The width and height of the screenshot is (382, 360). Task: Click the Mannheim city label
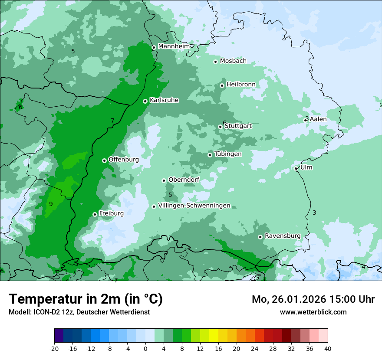click(174, 46)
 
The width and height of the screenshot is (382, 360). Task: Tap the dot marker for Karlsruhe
click(145, 101)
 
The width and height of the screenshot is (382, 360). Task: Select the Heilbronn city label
click(241, 84)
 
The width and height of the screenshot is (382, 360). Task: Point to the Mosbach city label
click(233, 61)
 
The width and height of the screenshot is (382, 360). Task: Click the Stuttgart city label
click(238, 126)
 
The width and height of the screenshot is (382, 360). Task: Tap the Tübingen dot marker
click(210, 155)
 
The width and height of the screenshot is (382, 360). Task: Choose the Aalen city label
click(318, 119)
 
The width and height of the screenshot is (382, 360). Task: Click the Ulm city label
click(306, 167)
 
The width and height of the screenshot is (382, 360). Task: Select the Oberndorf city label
click(184, 180)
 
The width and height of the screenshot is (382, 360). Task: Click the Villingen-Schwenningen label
click(194, 206)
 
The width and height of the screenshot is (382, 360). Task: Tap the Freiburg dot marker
click(95, 214)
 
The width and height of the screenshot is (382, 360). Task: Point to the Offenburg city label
click(124, 160)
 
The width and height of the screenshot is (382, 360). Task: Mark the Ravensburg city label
click(283, 236)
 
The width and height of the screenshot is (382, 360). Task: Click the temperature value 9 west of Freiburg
click(51, 204)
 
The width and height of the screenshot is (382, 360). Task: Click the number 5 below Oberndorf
click(170, 195)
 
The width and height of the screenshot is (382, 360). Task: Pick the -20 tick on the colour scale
click(54, 348)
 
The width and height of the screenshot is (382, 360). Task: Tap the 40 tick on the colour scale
click(328, 348)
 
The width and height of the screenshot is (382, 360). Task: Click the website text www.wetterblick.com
click(313, 312)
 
